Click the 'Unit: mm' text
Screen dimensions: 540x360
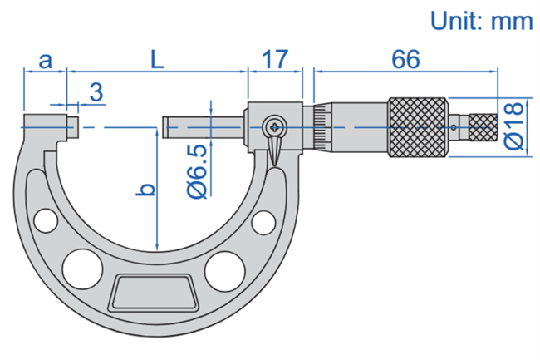click(x=482, y=21)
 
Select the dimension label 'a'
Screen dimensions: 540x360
click(x=46, y=61)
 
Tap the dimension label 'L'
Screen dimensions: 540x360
click(x=157, y=59)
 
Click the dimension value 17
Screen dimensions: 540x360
click(x=275, y=59)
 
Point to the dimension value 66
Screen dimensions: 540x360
click(x=405, y=59)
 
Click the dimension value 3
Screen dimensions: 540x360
click(x=96, y=91)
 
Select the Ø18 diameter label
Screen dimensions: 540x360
click(x=513, y=126)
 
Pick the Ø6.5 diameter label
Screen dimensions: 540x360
click(x=197, y=171)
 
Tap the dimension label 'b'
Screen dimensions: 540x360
click(x=146, y=190)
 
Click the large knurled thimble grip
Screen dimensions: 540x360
click(x=419, y=127)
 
